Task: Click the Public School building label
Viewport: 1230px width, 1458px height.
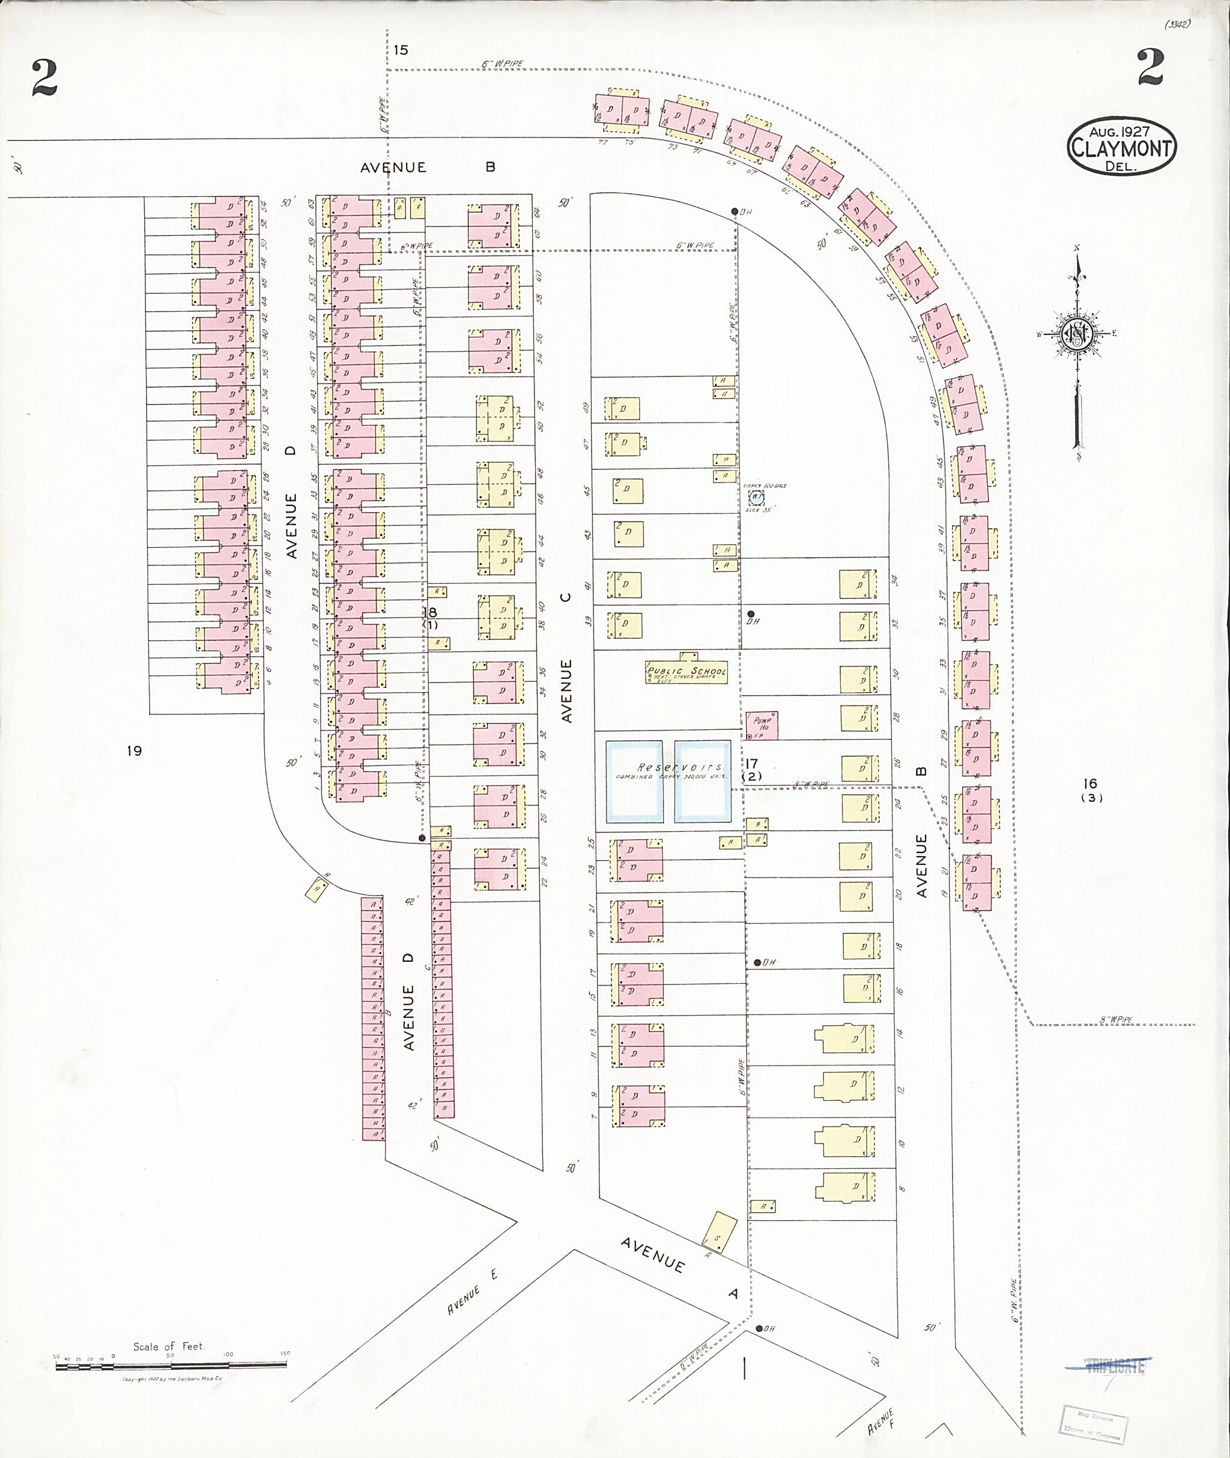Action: [x=687, y=672]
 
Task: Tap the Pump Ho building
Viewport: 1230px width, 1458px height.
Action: [x=762, y=726]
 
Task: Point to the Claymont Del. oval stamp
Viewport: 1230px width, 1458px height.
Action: [x=1121, y=147]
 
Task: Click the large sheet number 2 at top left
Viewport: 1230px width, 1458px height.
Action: [x=44, y=78]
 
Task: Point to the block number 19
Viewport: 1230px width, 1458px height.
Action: [x=135, y=750]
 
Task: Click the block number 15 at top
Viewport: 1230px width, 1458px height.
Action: [x=400, y=50]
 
